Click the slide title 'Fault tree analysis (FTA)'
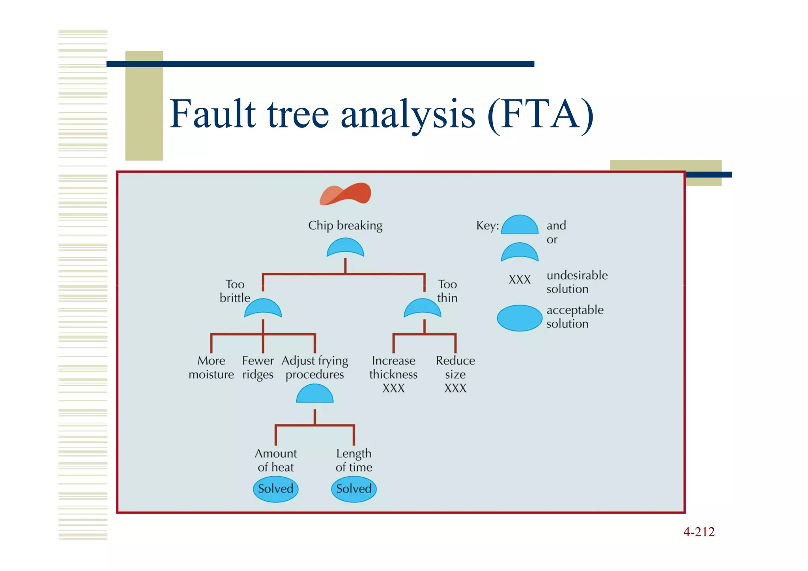(x=381, y=114)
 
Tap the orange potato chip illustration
(x=345, y=194)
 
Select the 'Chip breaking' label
(x=345, y=225)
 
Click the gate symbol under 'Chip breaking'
(x=345, y=248)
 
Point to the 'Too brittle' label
(x=235, y=291)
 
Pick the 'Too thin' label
(x=447, y=291)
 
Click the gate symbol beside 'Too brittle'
(x=263, y=308)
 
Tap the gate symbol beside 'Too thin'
(x=423, y=308)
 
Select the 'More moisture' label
(x=211, y=367)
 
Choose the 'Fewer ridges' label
(x=258, y=367)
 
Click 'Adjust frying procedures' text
(x=315, y=367)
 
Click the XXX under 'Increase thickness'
(x=393, y=388)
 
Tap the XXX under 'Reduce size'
(x=455, y=388)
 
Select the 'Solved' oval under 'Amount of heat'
(x=275, y=489)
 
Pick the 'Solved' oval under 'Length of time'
(x=354, y=489)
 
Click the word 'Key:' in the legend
(x=488, y=226)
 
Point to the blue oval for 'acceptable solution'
(x=520, y=318)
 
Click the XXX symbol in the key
(x=520, y=280)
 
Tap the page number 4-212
(x=699, y=532)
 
